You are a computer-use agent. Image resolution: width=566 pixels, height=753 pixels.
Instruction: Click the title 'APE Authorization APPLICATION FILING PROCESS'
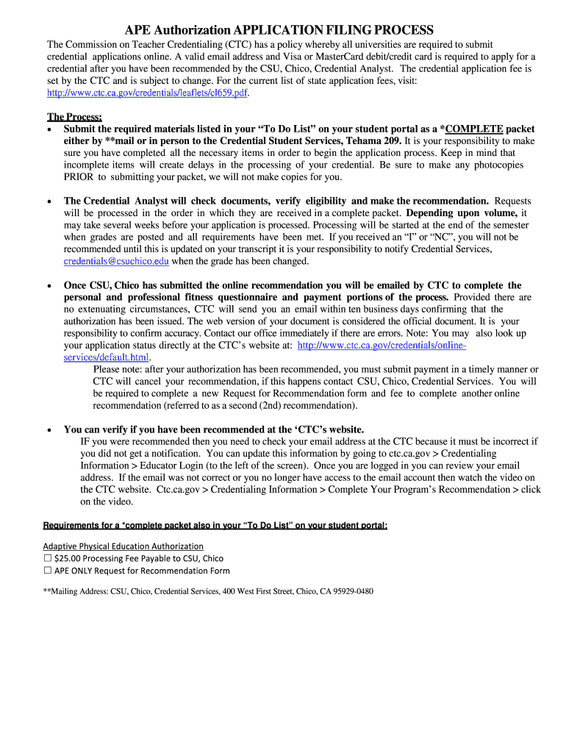coord(279,29)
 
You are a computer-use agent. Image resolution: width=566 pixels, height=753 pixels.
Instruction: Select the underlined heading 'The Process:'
coord(74,117)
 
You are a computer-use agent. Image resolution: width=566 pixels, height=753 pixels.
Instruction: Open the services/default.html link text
coord(107,357)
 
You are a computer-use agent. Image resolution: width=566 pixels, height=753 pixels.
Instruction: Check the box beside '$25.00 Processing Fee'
coord(48,559)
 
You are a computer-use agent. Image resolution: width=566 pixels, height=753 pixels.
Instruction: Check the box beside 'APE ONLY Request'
coord(48,571)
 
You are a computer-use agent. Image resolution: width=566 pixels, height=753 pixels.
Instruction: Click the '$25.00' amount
coord(68,559)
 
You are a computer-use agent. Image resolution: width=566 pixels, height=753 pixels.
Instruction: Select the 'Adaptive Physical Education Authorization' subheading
coord(123,546)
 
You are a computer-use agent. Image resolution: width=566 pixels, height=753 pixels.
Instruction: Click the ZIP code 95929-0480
coord(354,591)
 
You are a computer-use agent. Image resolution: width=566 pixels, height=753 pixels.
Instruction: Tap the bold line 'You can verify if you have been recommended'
coord(214,429)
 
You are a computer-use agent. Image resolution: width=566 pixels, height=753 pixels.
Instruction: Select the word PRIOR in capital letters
coord(78,176)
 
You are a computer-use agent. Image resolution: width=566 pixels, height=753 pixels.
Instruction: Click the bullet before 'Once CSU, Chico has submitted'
coord(49,285)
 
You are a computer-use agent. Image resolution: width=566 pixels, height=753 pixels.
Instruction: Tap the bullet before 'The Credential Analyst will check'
coord(49,201)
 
